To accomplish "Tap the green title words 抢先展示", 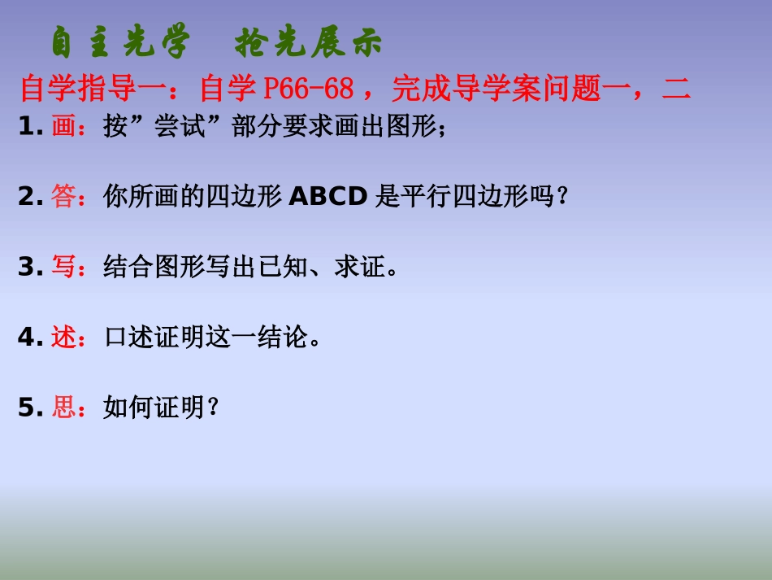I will click(308, 43).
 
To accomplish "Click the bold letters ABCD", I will click(328, 197).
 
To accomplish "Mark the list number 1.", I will click(27, 128).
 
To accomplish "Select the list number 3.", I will click(27, 267).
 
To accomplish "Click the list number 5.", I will click(27, 407).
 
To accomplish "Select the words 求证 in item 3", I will click(359, 267).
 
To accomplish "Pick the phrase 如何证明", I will click(154, 407).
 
